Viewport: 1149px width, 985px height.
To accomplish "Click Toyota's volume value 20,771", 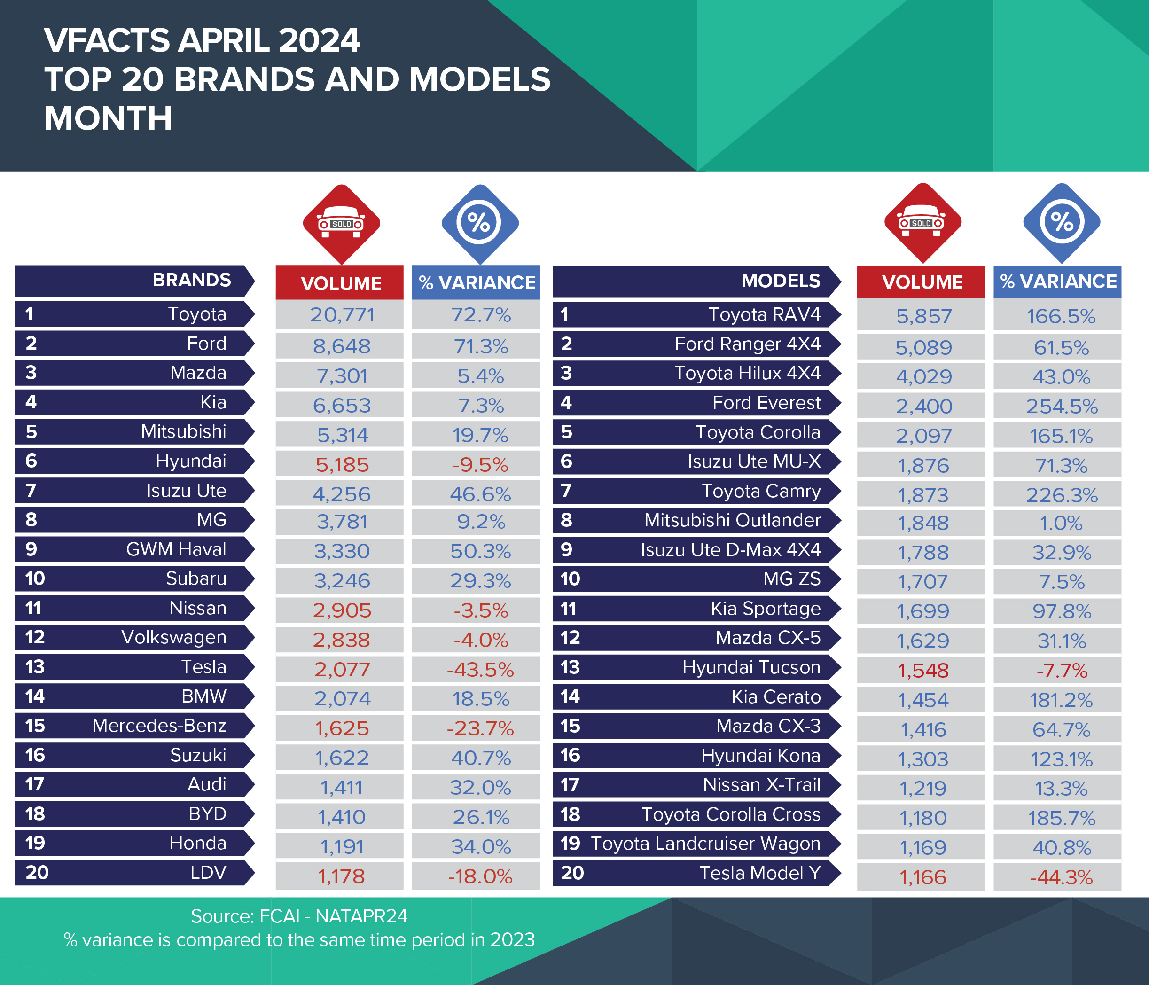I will pyautogui.click(x=342, y=315).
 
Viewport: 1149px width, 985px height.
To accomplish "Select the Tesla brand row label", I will pyautogui.click(x=203, y=667).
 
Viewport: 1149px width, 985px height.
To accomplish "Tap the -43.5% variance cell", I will pyautogui.click(x=480, y=669).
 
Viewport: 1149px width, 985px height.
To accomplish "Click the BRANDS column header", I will pyautogui.click(x=191, y=280).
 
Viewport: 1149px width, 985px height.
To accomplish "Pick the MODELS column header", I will pyautogui.click(x=780, y=281).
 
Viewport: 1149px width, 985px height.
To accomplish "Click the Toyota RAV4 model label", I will pyautogui.click(x=764, y=314).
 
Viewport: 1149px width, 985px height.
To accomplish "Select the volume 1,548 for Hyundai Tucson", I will pyautogui.click(x=923, y=671).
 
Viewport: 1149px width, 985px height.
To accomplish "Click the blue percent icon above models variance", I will pyautogui.click(x=1062, y=222).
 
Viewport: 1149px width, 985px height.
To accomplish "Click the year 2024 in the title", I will pyautogui.click(x=319, y=40).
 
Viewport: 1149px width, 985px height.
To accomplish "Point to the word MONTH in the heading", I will pyautogui.click(x=108, y=119).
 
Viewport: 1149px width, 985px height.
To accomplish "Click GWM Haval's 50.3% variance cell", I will pyautogui.click(x=480, y=551).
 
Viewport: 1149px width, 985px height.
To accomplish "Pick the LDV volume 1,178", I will pyautogui.click(x=342, y=876).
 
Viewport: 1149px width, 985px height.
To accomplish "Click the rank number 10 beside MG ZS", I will pyautogui.click(x=570, y=579).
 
